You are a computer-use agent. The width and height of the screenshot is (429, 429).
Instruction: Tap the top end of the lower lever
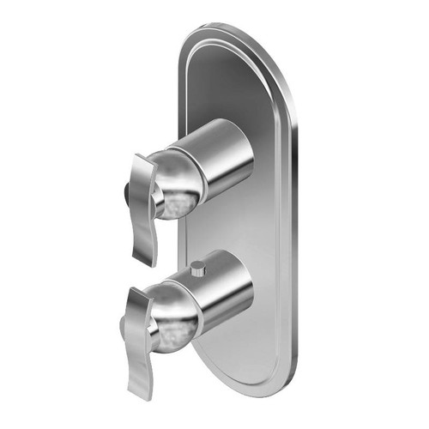(137, 293)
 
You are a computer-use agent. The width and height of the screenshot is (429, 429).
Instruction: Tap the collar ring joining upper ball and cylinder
(199, 172)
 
